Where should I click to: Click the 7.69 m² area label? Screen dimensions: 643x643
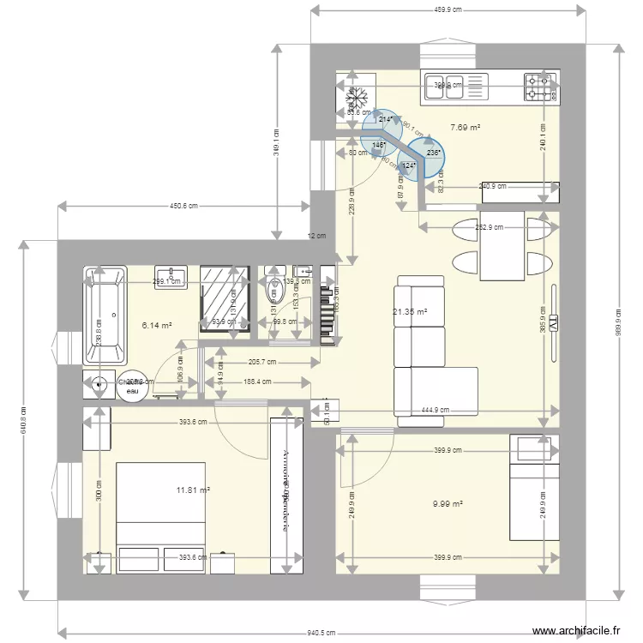pyautogui.click(x=465, y=128)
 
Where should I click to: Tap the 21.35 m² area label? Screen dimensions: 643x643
pyautogui.click(x=410, y=313)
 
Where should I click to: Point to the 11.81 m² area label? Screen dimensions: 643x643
pyautogui.click(x=193, y=490)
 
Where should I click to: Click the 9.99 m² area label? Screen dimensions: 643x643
pyautogui.click(x=448, y=504)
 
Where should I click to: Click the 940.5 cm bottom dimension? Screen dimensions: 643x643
pyautogui.click(x=325, y=634)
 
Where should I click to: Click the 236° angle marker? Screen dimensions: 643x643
pyautogui.click(x=432, y=153)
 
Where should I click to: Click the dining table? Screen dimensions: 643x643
pyautogui.click(x=502, y=246)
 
